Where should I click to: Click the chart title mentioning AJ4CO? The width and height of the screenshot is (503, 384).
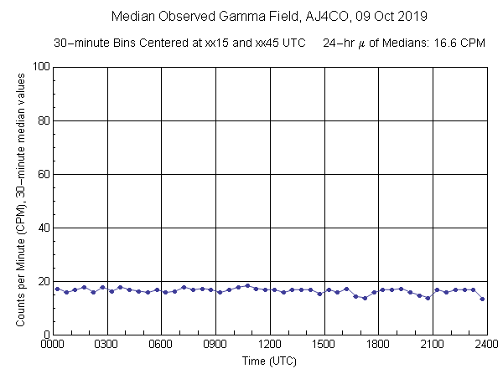(269, 16)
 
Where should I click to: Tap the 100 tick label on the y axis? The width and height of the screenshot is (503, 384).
(40, 67)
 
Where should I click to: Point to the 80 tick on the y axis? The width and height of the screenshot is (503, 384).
(43, 120)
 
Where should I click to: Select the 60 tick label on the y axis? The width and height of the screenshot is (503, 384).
(43, 174)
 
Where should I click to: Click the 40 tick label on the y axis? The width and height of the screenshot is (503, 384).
(43, 228)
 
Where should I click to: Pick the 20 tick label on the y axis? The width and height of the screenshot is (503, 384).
(43, 281)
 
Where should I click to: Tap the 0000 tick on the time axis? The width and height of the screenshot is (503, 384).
(53, 343)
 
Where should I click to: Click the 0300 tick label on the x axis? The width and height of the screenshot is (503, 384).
(107, 343)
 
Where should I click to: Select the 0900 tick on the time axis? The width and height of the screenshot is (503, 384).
(215, 343)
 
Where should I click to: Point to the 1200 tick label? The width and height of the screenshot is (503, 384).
(270, 343)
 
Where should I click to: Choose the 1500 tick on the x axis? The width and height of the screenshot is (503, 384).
(324, 343)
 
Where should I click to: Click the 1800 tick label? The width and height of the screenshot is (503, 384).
(378, 343)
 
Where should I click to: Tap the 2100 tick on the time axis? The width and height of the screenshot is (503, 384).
(433, 343)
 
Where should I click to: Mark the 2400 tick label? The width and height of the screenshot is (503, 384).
(487, 343)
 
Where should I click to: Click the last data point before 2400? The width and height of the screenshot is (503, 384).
(482, 299)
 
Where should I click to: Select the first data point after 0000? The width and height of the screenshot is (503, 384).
(57, 289)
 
